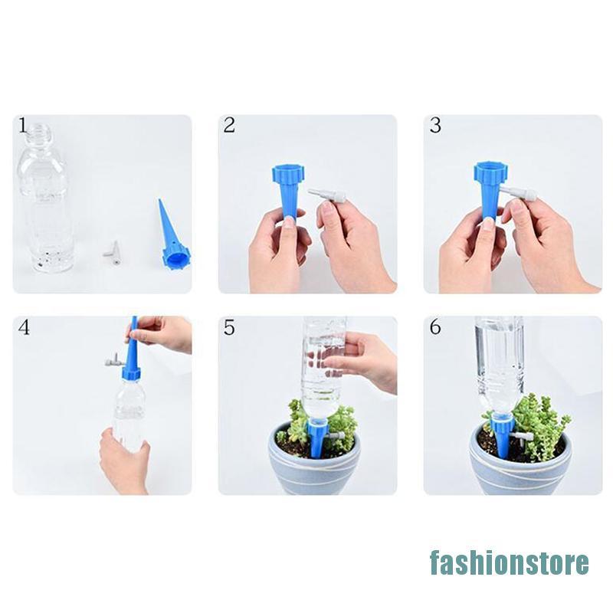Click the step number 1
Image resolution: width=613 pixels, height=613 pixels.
23,125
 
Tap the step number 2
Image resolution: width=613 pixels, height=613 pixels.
229,126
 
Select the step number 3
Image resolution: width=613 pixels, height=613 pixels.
435,126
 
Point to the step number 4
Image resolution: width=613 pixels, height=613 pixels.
24,328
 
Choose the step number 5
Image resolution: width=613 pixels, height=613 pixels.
229,328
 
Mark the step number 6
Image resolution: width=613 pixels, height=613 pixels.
435,327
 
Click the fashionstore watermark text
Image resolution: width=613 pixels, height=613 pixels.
510,562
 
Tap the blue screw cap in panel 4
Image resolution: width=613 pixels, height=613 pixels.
131,372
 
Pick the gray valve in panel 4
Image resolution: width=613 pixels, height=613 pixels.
114,359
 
